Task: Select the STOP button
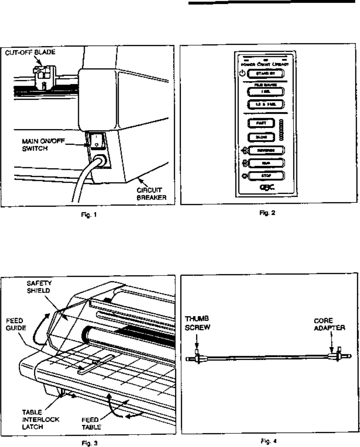tap(266, 175)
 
